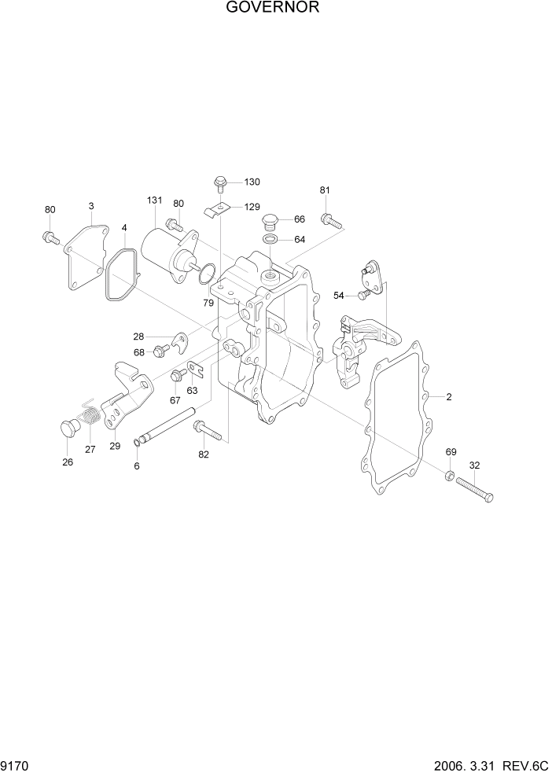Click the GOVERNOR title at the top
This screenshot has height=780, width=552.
276,9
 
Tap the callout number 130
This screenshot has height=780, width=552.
251,182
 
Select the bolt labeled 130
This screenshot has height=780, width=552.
221,184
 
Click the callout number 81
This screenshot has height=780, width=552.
325,190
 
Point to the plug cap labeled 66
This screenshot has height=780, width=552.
270,219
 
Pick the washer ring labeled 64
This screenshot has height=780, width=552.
270,239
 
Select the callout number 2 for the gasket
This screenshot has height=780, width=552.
448,397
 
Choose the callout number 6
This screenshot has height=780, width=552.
136,465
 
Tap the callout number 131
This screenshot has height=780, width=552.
153,201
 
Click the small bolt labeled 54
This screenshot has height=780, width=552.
363,295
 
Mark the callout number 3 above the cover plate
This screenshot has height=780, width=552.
91,206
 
